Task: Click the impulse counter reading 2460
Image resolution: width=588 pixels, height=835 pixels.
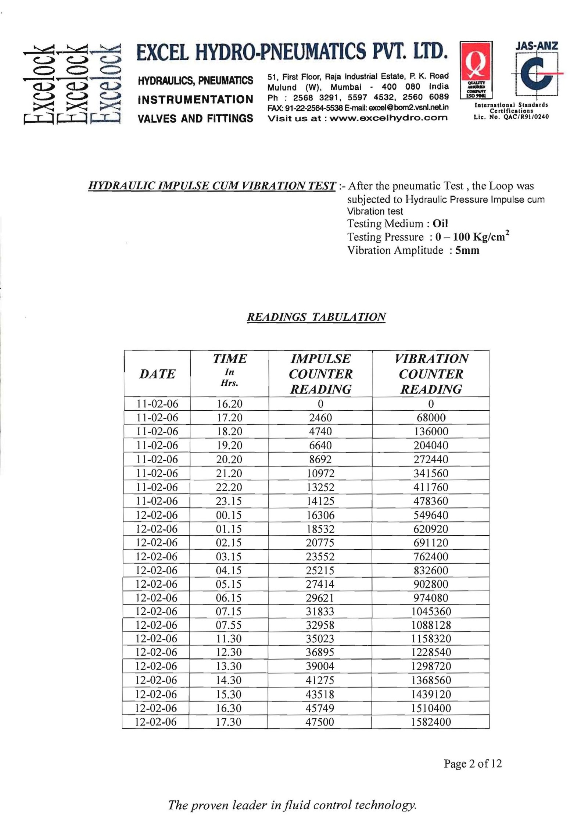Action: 320,418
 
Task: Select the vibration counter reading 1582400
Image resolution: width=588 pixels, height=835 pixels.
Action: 431,722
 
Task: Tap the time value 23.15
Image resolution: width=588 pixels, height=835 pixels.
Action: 229,501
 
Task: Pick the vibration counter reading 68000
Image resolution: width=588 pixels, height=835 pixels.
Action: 431,418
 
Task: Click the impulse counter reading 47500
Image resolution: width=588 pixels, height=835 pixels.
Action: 320,722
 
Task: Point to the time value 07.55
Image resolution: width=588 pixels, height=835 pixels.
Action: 229,625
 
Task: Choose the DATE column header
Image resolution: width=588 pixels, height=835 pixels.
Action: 157,374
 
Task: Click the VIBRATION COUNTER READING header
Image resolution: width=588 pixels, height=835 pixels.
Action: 431,374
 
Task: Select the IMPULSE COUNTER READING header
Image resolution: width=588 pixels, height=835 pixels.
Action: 320,374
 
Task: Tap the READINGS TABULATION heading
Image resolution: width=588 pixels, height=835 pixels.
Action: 316,317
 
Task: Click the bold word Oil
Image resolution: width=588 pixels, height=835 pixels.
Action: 440,224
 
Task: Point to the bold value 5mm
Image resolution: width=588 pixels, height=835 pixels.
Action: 467,250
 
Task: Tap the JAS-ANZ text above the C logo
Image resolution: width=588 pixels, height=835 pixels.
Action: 537,46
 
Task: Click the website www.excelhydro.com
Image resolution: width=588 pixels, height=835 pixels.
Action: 389,118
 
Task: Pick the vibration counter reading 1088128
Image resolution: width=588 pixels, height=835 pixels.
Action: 431,625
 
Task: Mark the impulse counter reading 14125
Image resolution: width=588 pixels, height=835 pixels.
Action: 320,501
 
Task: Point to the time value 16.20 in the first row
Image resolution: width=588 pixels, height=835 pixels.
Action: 229,404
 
